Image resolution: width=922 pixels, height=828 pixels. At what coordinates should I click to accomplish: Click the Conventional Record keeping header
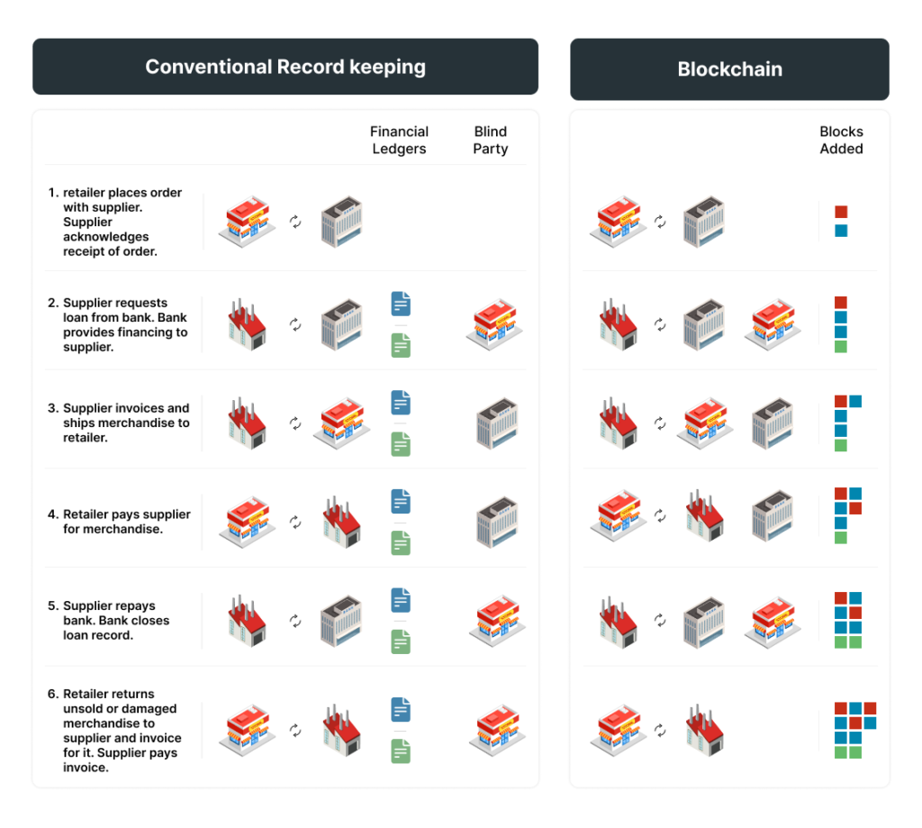[285, 67]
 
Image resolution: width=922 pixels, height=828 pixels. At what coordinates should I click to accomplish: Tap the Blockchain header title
[729, 69]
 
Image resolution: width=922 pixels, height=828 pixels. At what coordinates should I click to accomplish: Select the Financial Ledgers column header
[399, 140]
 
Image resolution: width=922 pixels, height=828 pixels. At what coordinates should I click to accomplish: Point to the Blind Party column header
[491, 140]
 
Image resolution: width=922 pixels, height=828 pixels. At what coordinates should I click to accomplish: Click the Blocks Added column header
[842, 140]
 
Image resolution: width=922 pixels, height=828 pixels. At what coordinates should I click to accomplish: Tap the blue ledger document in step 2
[401, 304]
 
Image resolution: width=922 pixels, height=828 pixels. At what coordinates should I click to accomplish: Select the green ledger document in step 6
[401, 751]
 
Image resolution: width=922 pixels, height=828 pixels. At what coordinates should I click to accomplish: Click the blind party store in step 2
[494, 324]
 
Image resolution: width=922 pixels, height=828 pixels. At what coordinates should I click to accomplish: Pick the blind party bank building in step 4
[497, 522]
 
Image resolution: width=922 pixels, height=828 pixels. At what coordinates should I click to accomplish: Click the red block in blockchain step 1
[842, 212]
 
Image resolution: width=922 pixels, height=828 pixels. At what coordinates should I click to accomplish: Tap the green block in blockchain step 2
[841, 347]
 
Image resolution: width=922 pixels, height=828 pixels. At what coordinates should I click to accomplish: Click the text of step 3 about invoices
[126, 423]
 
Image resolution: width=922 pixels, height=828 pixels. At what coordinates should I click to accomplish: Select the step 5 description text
[109, 620]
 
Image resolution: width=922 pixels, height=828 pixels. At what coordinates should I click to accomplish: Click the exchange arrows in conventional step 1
[295, 222]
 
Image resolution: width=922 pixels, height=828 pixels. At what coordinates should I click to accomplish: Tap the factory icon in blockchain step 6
[704, 730]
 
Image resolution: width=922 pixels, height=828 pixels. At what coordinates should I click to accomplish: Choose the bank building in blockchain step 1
[704, 222]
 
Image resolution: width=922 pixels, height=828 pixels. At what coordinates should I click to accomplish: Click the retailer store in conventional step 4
[247, 522]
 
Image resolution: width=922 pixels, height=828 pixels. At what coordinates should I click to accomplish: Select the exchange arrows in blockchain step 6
[660, 731]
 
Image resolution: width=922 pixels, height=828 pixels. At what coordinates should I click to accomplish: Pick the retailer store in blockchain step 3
[705, 423]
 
